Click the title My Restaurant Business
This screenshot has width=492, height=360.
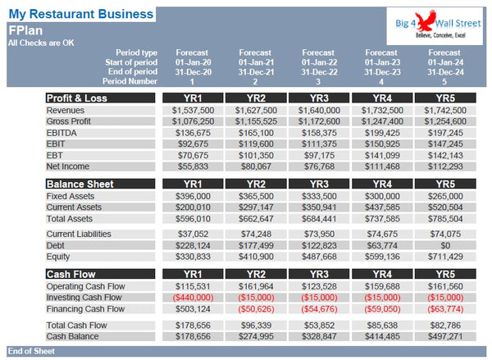80,15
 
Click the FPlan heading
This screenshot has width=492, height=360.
23,30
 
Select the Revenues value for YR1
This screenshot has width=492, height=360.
192,110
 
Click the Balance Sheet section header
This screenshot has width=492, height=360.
80,184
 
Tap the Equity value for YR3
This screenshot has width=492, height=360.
318,257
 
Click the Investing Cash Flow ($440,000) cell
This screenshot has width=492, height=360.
192,298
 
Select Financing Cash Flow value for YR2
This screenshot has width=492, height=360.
256,309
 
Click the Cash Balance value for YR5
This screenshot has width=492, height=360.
445,336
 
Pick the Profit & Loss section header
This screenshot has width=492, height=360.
76,98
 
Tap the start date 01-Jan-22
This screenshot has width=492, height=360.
318,62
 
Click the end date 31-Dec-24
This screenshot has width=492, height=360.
445,71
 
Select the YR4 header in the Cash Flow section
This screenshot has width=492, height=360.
382,274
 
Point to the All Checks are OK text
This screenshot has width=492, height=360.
40,42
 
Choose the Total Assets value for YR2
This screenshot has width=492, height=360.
256,219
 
